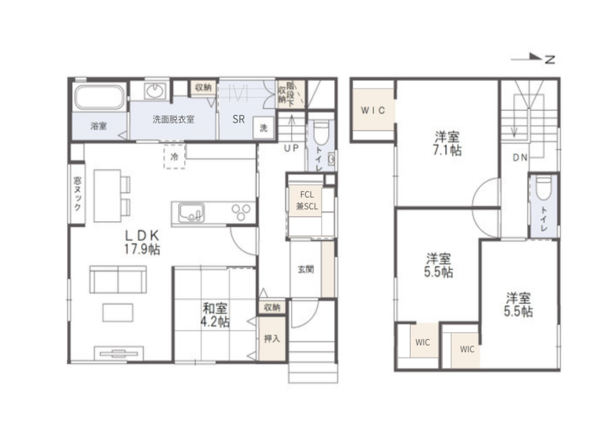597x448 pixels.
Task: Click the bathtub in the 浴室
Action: tap(99, 97)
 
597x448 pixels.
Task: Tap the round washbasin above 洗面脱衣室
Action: tap(155, 90)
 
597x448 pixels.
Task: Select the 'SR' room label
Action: tap(238, 119)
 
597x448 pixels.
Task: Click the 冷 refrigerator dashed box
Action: tap(174, 156)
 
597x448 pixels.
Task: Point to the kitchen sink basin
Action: tap(191, 212)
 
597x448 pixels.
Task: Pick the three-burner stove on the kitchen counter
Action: tap(241, 212)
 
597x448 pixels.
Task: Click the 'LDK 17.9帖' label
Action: tap(142, 242)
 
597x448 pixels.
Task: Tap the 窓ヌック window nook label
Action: tap(78, 194)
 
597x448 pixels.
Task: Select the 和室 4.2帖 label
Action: tap(215, 315)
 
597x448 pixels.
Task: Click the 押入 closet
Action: tap(272, 338)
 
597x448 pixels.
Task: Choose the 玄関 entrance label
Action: tap(305, 269)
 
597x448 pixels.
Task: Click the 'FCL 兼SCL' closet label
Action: tap(307, 201)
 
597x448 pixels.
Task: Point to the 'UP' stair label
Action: tap(292, 148)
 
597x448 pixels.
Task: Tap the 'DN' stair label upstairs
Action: tap(520, 157)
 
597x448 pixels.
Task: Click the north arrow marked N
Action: tap(533, 58)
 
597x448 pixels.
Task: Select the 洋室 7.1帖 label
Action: tap(447, 143)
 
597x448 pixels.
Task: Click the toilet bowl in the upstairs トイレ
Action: tap(543, 188)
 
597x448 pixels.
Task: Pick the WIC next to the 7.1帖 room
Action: tap(373, 110)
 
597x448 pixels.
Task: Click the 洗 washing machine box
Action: tap(264, 128)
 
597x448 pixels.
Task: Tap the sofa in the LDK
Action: tap(118, 279)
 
